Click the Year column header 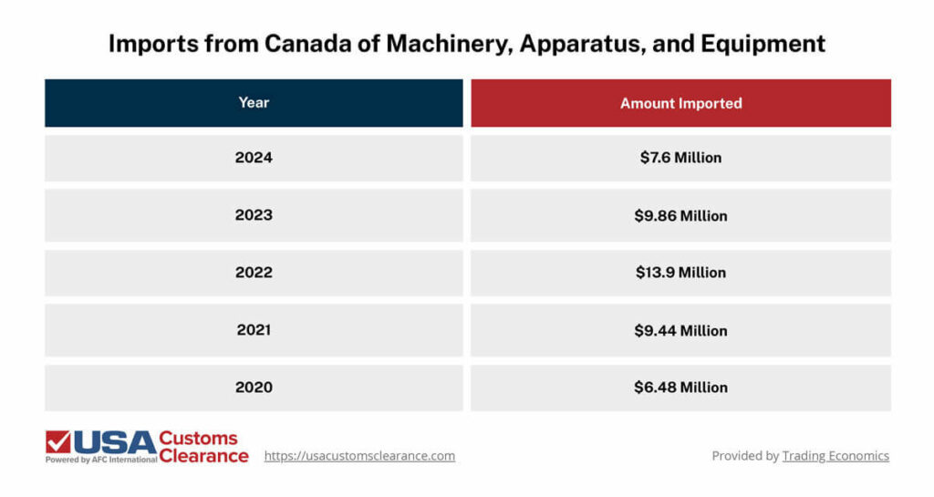pos(254,103)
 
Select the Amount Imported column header pos(680,103)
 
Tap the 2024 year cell pos(254,158)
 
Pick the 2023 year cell pos(254,215)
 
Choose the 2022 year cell pos(254,273)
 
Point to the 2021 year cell pos(254,330)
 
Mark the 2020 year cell pos(254,388)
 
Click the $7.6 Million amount pos(680,158)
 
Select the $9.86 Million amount pos(680,215)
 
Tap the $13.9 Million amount pos(680,273)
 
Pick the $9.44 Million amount pos(680,330)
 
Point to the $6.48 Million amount pos(680,388)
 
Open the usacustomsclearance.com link pos(359,456)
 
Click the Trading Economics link pos(835,456)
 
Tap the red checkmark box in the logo pos(58,442)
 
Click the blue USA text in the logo pos(114,442)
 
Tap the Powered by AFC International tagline pos(101,460)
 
